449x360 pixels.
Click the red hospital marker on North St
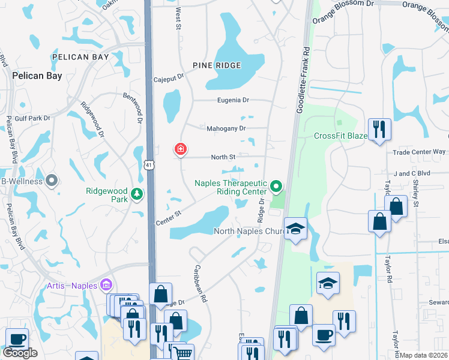point(179,149)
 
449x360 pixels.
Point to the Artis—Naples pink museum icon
point(107,284)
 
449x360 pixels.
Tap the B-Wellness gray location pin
point(52,179)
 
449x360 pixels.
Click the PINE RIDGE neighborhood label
point(217,65)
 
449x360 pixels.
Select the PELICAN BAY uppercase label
point(80,57)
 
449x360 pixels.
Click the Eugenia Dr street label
point(228,100)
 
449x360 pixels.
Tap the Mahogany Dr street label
point(226,128)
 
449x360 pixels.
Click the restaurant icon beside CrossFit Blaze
point(379,129)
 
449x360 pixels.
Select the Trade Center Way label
point(420,152)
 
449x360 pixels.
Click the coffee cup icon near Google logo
point(16,339)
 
